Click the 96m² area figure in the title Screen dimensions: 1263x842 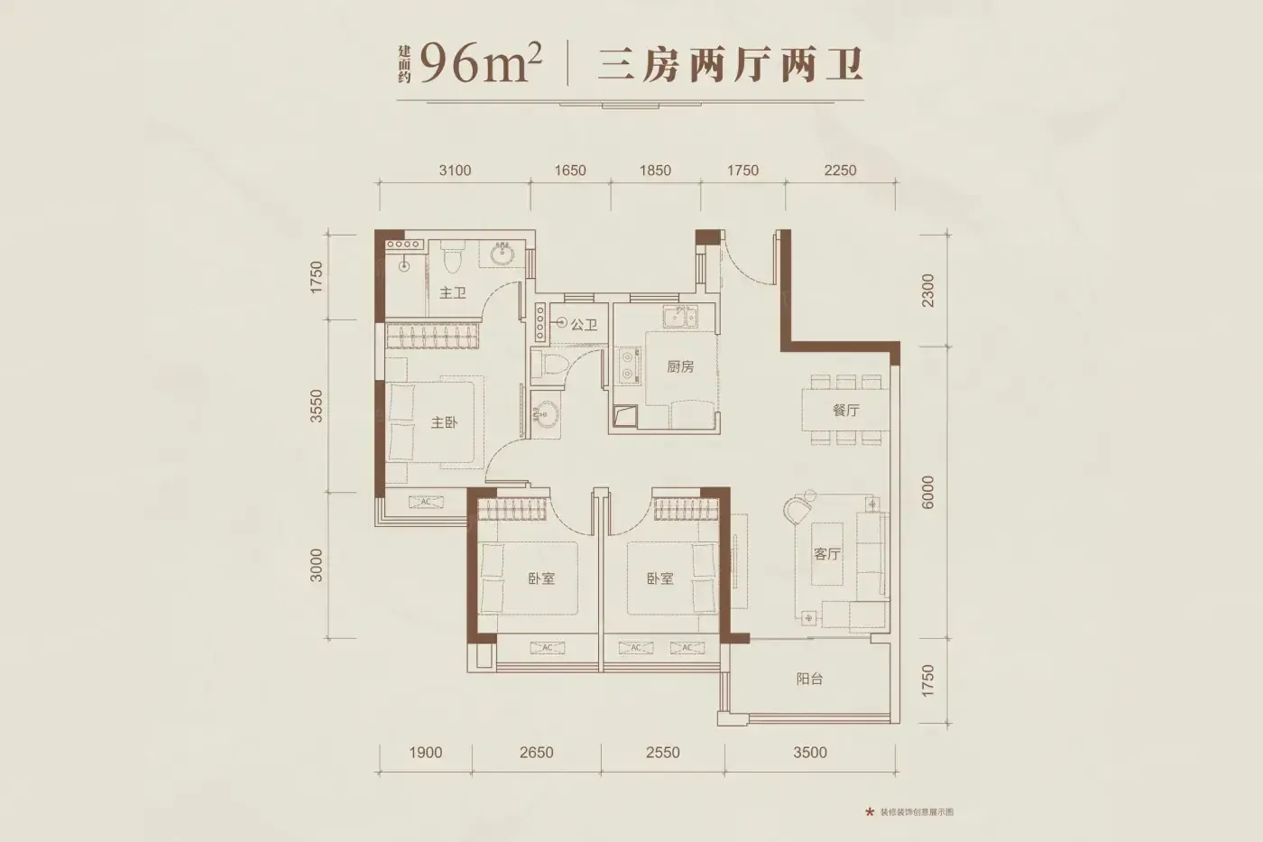coord(480,64)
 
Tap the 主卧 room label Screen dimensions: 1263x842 coord(444,422)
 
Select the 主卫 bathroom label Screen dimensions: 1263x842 coord(453,293)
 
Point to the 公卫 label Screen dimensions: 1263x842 coord(584,325)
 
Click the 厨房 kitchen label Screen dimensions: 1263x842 coord(680,367)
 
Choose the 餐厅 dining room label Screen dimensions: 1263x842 coord(846,410)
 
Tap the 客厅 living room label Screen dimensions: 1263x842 coord(827,554)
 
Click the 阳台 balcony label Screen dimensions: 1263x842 coord(810,679)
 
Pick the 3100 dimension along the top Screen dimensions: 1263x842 coord(455,171)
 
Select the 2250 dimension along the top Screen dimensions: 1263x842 coord(840,171)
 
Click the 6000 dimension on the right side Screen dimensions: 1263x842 coord(927,493)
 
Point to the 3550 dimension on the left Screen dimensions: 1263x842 coord(317,405)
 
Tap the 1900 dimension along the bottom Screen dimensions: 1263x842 coord(425,753)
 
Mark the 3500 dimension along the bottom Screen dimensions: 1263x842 coord(810,753)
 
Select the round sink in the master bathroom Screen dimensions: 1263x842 coord(502,254)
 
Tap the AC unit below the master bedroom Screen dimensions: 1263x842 coord(426,502)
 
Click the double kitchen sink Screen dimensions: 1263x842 coord(680,317)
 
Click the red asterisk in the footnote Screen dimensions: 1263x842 coord(869,812)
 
